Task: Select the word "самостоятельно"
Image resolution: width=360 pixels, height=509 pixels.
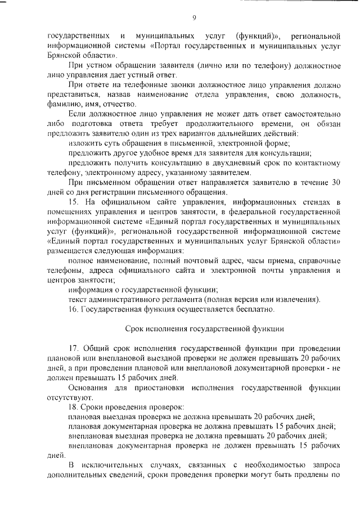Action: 312,114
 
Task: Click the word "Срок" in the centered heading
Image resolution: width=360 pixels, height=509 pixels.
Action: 133,328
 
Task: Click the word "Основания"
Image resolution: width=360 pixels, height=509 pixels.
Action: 87,387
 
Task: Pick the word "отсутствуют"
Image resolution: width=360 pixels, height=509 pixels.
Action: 66,397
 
